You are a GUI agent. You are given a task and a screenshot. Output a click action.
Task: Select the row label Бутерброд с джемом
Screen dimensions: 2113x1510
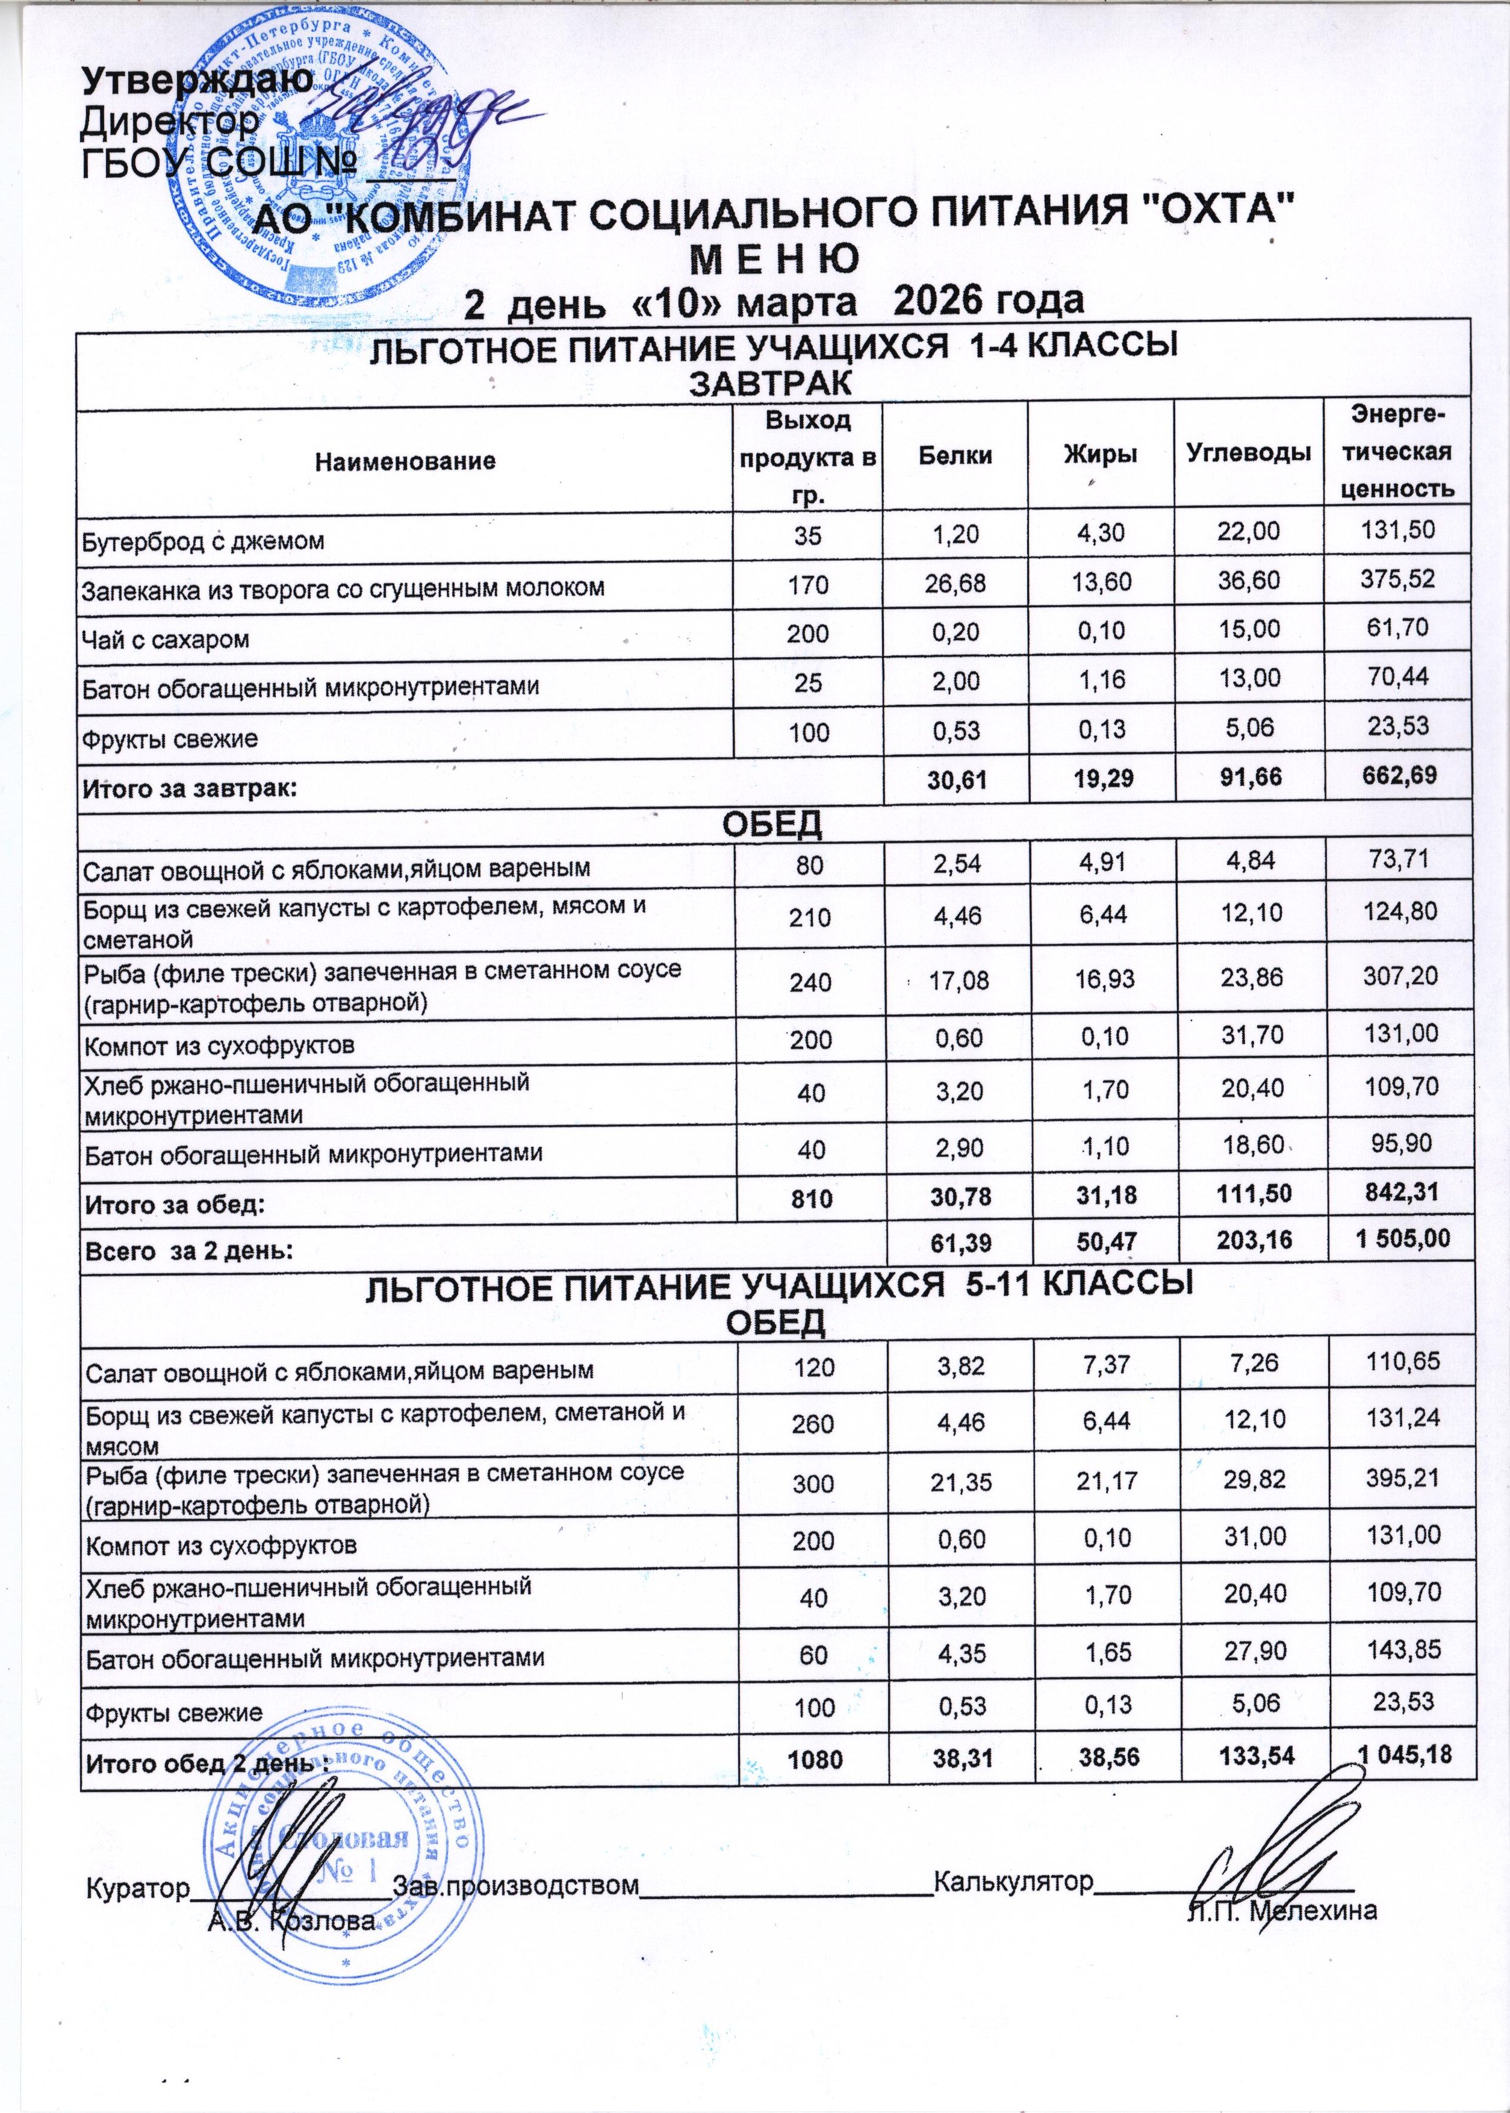203,542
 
